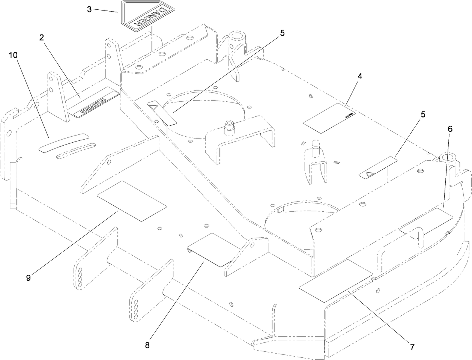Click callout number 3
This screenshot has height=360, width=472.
pos(89,9)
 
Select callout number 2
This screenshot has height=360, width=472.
pos(42,38)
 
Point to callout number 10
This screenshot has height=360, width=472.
pos(13,55)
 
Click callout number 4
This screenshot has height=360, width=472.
pos(360,76)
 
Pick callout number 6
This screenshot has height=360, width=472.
pos(450,129)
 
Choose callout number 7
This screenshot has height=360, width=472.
pos(412,347)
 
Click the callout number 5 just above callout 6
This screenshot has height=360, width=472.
pos(423,115)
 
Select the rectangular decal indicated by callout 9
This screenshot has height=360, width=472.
pos(131,201)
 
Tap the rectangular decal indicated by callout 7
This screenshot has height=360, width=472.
pos(335,280)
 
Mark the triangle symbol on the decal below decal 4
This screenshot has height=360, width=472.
pos(367,174)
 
